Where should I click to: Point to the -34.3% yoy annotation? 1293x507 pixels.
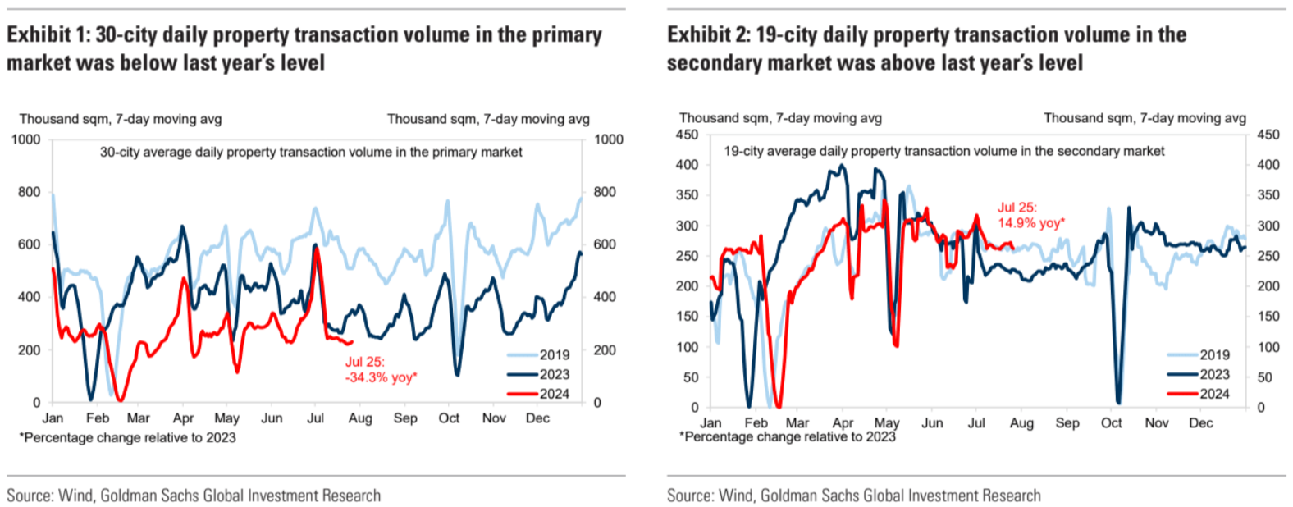pyautogui.click(x=381, y=370)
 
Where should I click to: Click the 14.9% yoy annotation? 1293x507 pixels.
pyautogui.click(x=1030, y=216)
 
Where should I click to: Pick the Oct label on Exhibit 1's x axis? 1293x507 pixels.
pyautogui.click(x=449, y=418)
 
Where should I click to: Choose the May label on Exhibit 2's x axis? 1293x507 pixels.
pyautogui.click(x=887, y=423)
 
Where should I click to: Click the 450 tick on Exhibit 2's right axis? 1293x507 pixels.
pyautogui.click(x=1268, y=135)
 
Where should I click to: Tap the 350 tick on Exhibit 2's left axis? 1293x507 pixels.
pyautogui.click(x=688, y=195)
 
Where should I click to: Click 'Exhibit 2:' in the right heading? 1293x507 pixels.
pyautogui.click(x=707, y=35)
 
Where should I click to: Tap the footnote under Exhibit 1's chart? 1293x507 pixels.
pyautogui.click(x=127, y=437)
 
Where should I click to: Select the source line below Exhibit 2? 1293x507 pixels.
pyautogui.click(x=853, y=496)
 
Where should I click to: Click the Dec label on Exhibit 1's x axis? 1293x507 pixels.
pyautogui.click(x=537, y=418)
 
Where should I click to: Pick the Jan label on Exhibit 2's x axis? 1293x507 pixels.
pyautogui.click(x=710, y=423)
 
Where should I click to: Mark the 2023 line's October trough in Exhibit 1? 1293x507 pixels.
pyautogui.click(x=457, y=374)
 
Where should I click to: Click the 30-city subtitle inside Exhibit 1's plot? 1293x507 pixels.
pyautogui.click(x=311, y=153)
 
